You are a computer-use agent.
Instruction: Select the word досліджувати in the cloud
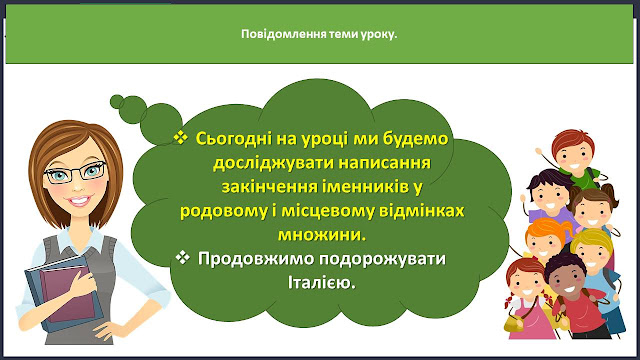pyautogui.click(x=272, y=163)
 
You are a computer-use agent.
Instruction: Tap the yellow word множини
pyautogui.click(x=322, y=235)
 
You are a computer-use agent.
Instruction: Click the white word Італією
pyautogui.click(x=322, y=283)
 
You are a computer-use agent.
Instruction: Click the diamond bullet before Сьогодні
pyautogui.click(x=180, y=137)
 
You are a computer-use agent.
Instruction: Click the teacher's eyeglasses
pyautogui.click(x=76, y=173)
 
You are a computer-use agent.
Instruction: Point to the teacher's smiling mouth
pyautogui.click(x=80, y=201)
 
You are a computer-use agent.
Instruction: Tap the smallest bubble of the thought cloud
pyautogui.click(x=117, y=101)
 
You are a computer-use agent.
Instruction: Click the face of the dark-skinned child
pyautogui.click(x=567, y=282)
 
